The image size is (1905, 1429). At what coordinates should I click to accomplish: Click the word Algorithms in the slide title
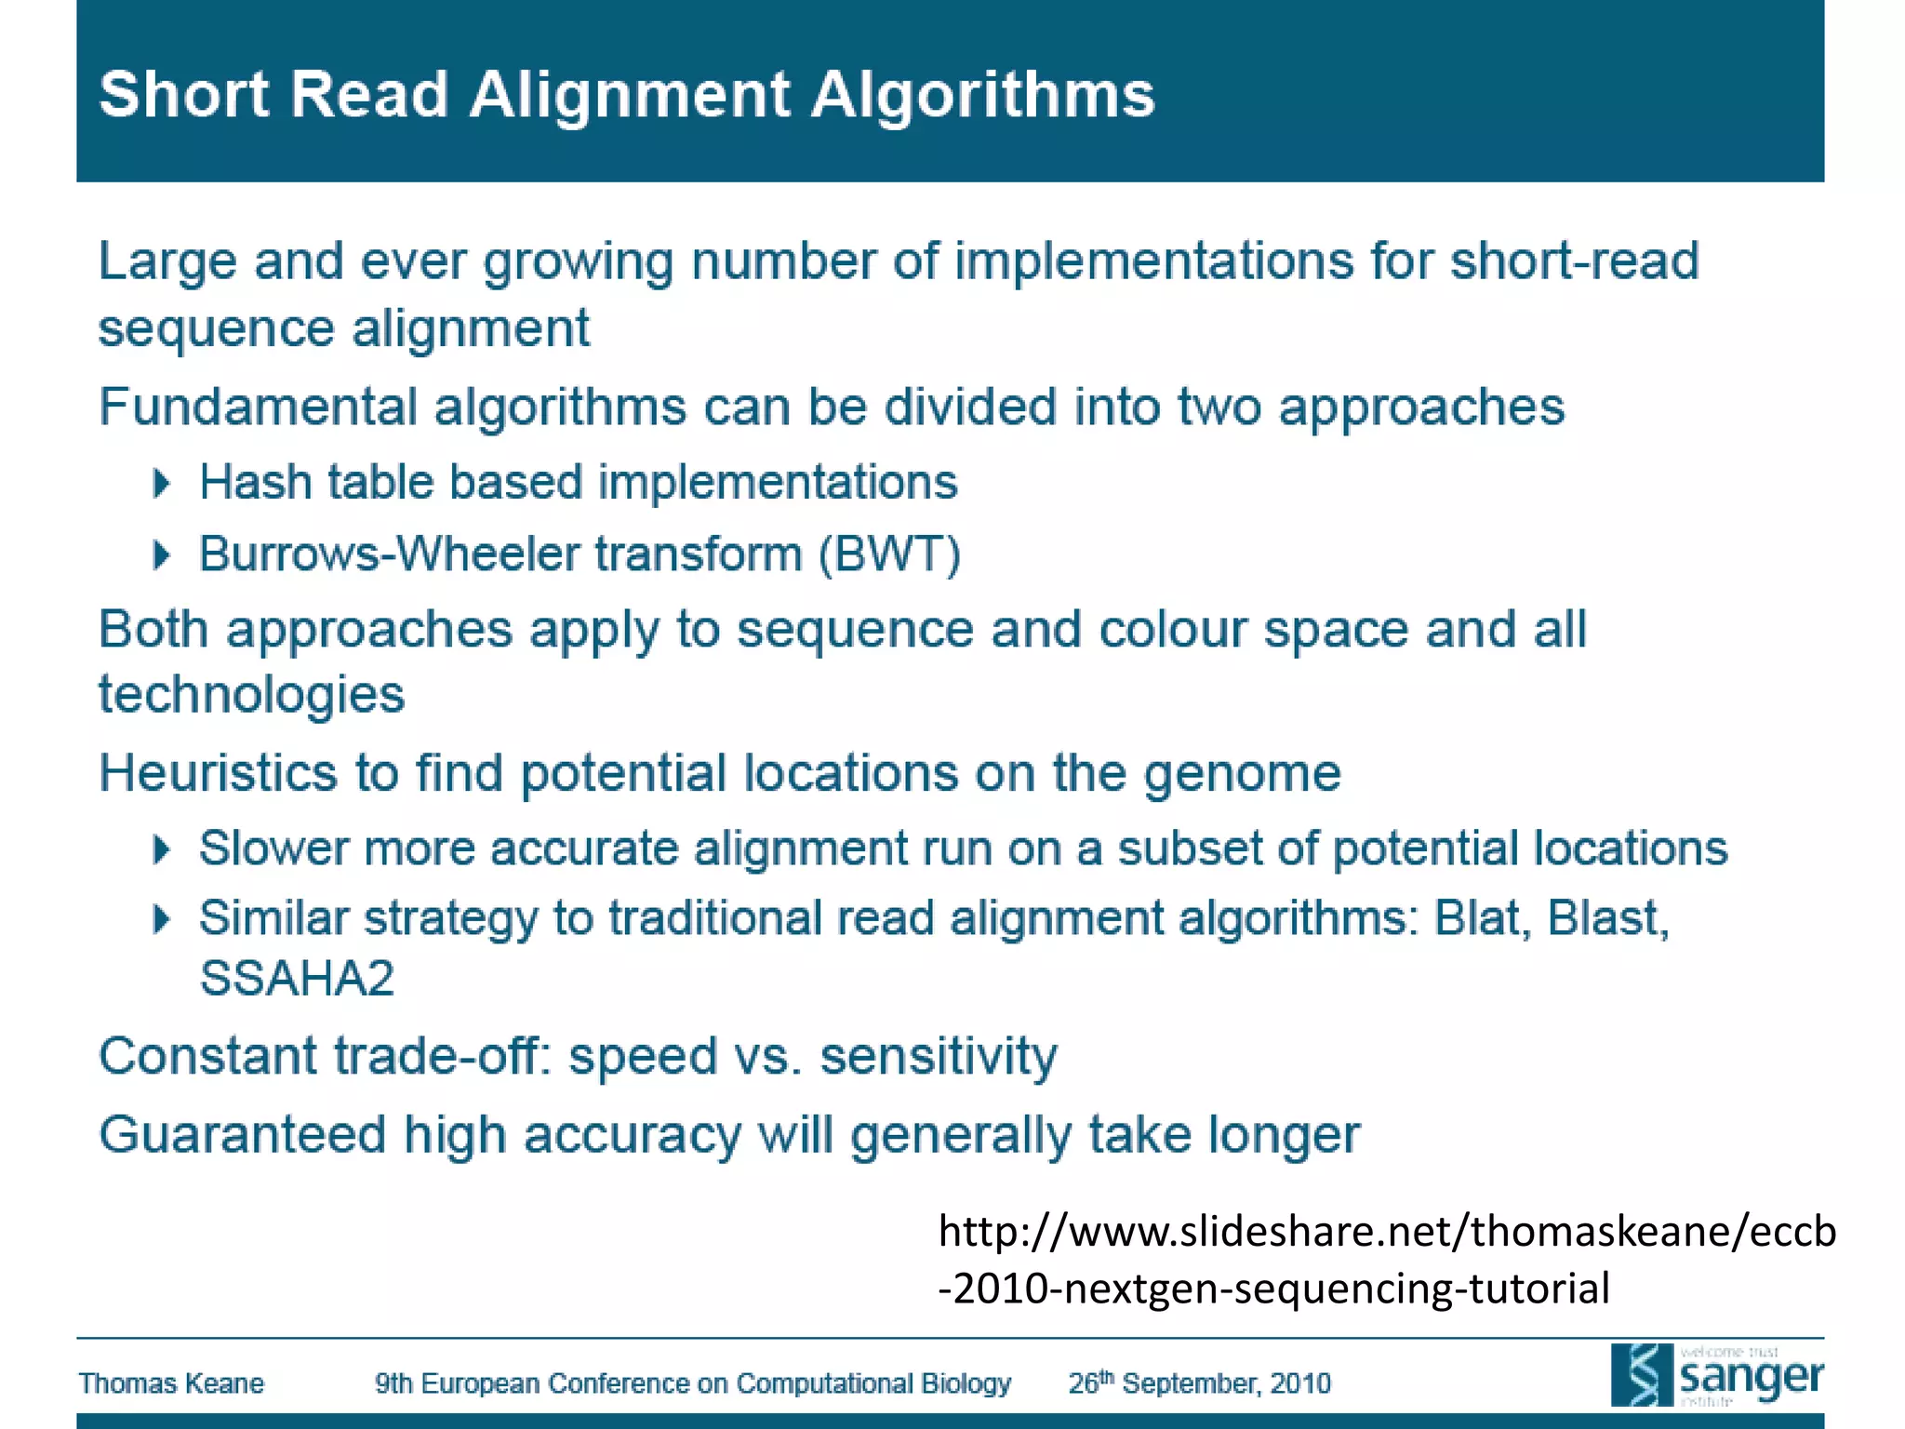982,96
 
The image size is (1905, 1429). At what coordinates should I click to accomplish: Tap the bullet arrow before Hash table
162,483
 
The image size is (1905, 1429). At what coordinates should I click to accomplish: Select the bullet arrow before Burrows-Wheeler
162,555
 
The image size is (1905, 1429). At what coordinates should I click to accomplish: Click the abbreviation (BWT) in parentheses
889,554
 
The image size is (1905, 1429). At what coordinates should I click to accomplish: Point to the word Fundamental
258,407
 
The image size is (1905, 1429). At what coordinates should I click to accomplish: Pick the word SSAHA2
297,979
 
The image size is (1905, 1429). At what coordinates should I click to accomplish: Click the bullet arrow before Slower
162,848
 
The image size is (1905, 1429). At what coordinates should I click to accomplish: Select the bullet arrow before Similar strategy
162,919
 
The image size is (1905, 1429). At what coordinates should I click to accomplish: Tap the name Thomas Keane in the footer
171,1383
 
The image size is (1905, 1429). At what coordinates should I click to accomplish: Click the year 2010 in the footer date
1300,1383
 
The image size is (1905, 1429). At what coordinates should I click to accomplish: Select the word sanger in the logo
1751,1377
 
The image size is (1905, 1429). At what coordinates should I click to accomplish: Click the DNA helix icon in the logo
1643,1375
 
